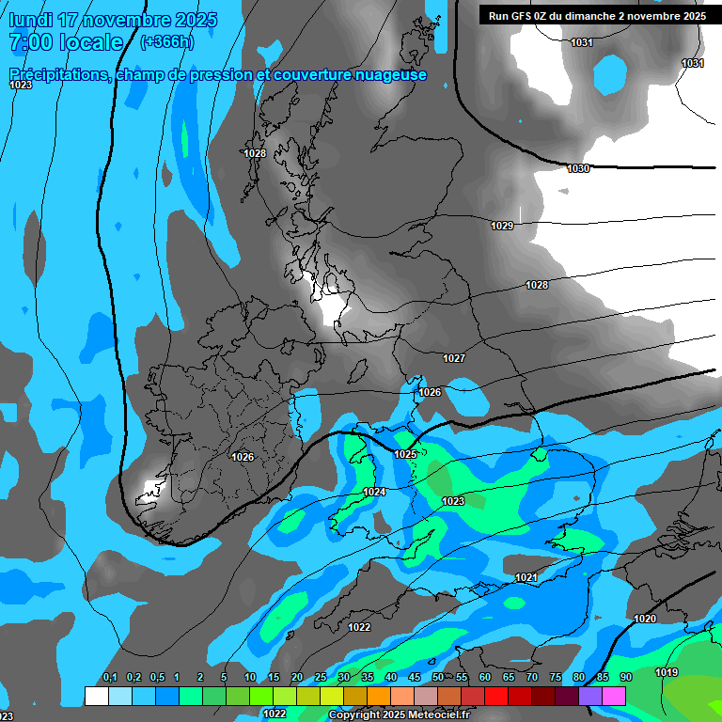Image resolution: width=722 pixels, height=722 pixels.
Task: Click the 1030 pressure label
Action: (x=578, y=168)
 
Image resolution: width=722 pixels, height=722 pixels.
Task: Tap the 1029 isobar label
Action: (x=502, y=226)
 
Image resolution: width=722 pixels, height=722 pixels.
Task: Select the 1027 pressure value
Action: (x=454, y=358)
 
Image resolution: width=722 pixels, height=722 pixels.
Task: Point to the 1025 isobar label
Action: (x=405, y=454)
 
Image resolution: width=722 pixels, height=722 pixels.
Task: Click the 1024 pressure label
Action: (x=374, y=492)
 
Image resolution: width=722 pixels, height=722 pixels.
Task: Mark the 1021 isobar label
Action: (x=526, y=577)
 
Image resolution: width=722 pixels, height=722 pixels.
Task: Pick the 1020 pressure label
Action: (x=645, y=619)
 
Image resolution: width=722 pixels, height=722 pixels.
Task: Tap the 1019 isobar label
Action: (x=667, y=672)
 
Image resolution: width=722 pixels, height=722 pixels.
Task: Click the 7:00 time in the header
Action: (x=29, y=42)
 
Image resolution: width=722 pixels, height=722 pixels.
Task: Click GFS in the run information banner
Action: (x=520, y=16)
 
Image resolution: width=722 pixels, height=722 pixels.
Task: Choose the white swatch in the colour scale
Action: (x=96, y=696)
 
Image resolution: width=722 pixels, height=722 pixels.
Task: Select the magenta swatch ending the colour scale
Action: (x=613, y=696)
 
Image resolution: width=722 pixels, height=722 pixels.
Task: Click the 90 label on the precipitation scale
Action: (x=625, y=677)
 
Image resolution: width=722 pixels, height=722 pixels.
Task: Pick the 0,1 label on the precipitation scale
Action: (x=110, y=677)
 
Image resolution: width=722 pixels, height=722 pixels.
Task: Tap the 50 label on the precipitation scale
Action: (x=438, y=677)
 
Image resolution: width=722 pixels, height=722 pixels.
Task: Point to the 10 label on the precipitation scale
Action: (x=250, y=677)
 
